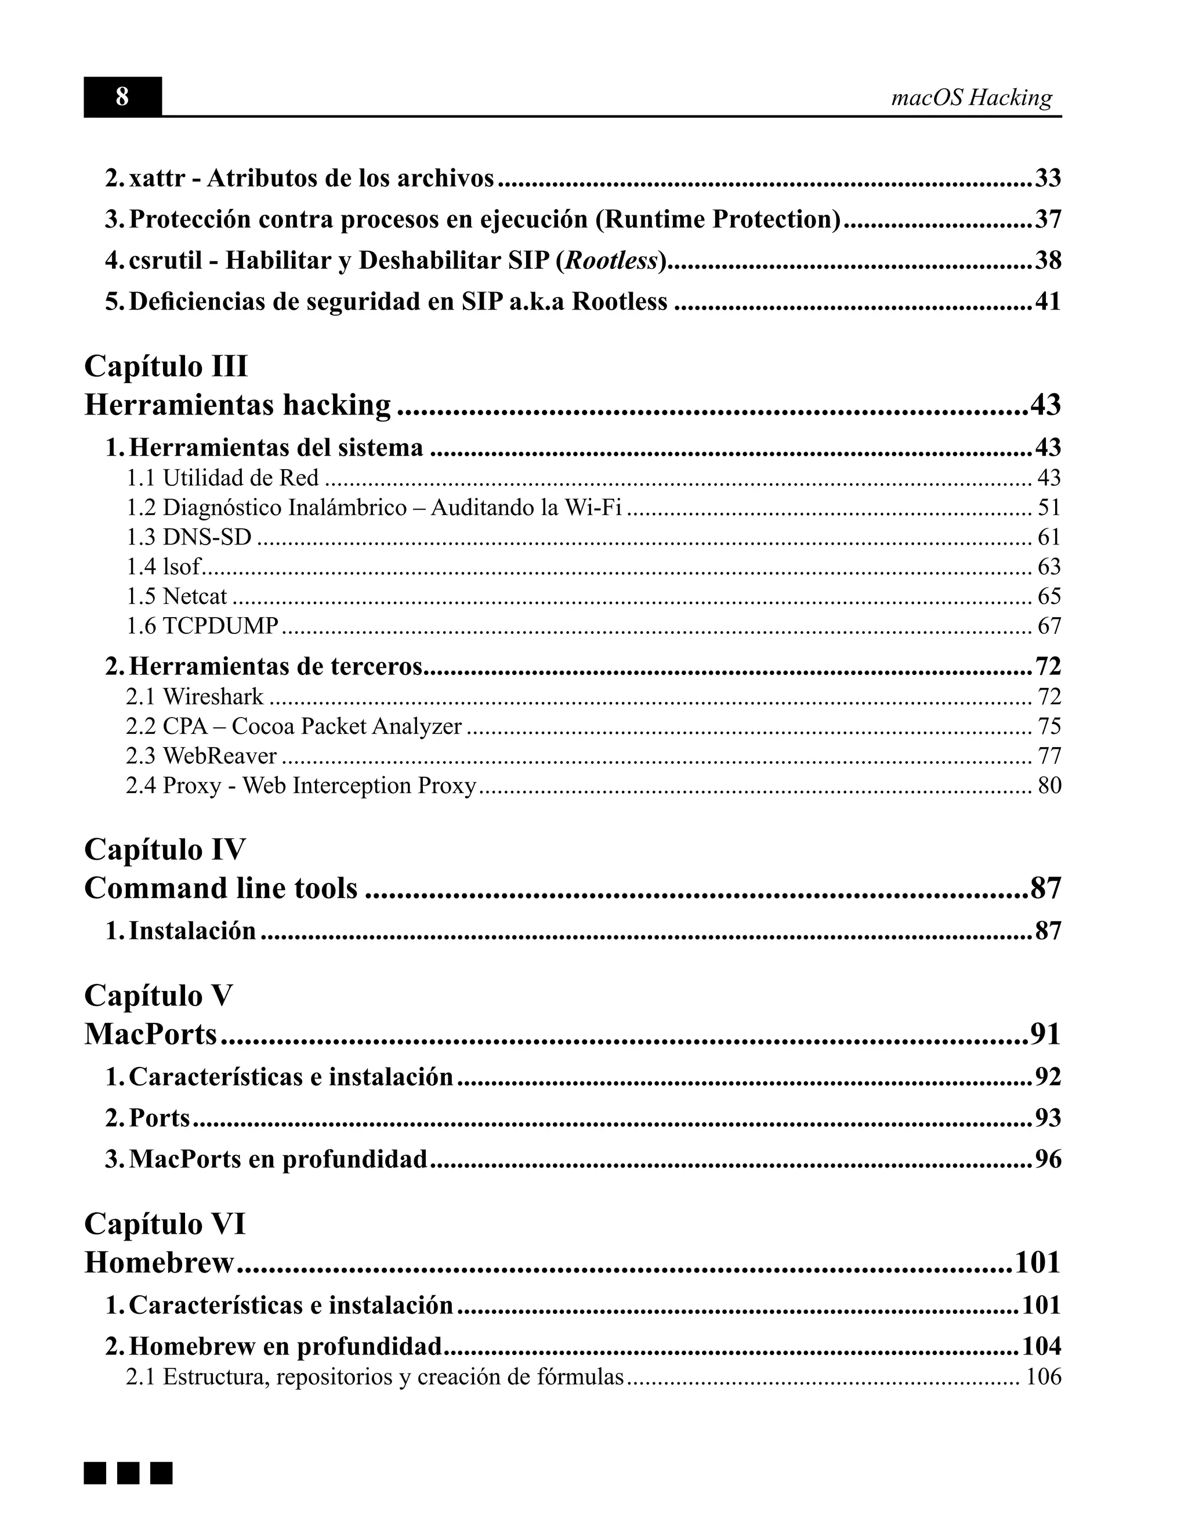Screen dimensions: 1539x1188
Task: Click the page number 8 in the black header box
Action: pos(122,96)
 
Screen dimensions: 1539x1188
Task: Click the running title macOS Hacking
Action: pos(971,98)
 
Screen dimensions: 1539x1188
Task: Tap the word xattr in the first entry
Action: pos(157,178)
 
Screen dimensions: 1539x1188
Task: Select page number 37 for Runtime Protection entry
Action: pos(1048,219)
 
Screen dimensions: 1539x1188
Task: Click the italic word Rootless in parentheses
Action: pos(611,261)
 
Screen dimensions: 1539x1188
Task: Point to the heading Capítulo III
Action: pos(166,366)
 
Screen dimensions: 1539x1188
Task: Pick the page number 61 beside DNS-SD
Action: pos(1049,537)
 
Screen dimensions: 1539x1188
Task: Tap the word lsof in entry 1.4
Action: pos(182,567)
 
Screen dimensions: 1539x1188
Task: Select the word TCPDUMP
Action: pos(221,626)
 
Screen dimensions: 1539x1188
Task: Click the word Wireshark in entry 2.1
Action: pos(213,696)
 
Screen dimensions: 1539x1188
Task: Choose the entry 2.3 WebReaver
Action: pos(201,755)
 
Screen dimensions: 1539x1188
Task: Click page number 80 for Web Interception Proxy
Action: pos(1049,785)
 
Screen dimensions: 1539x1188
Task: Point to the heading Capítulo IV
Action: pos(165,849)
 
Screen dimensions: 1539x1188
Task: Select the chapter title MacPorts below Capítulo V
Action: pos(151,1035)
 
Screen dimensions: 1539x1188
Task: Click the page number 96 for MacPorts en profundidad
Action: pos(1048,1159)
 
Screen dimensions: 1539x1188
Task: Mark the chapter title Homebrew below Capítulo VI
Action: pos(159,1263)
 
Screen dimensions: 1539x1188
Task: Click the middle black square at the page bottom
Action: pos(128,1473)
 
